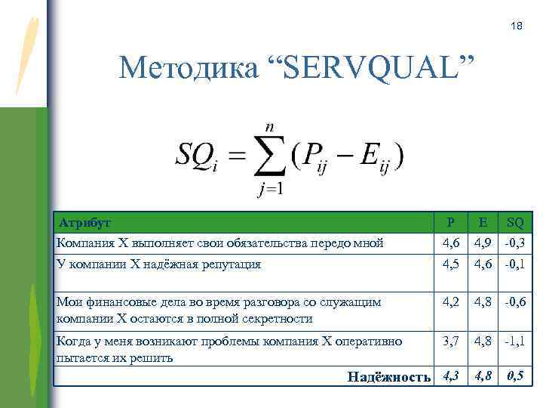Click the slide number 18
[516, 26]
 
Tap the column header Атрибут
[84, 223]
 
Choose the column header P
[450, 223]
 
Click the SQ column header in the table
[516, 223]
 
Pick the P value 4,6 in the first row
[450, 243]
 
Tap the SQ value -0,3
[516, 243]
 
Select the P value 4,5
[450, 264]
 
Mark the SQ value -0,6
[516, 302]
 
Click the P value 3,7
[450, 342]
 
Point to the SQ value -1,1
[516, 342]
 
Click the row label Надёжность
[389, 376]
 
